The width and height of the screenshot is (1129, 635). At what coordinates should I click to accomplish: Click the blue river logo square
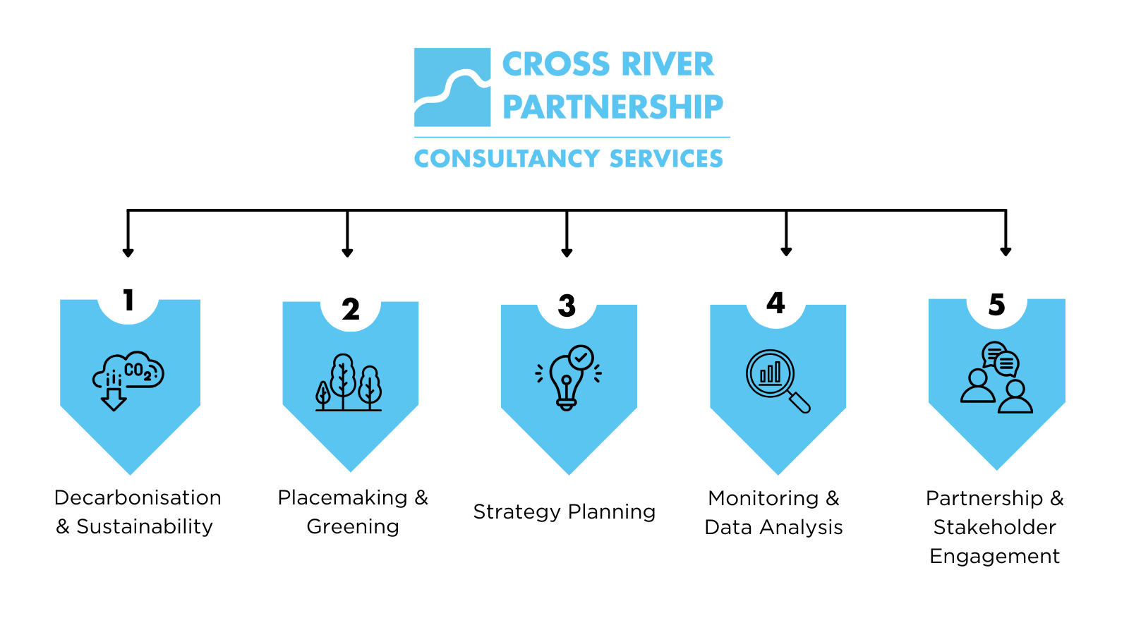click(452, 87)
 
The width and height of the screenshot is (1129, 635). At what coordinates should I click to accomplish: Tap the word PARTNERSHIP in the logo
click(612, 107)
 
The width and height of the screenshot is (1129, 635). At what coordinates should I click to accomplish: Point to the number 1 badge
click(128, 301)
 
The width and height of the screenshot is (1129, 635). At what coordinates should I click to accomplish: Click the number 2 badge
click(351, 309)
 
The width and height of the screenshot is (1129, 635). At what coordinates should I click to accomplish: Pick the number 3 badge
click(567, 306)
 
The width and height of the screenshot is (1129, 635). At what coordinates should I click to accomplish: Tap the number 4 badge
click(775, 303)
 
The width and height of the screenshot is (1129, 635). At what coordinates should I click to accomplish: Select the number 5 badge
click(996, 305)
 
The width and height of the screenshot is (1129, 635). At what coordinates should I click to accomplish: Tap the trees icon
click(349, 382)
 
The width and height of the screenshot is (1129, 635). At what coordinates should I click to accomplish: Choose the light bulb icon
click(568, 377)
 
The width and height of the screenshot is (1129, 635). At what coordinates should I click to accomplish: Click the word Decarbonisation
click(138, 497)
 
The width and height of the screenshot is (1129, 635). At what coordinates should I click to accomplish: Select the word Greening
click(353, 526)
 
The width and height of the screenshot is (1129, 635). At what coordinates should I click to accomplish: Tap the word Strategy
click(517, 512)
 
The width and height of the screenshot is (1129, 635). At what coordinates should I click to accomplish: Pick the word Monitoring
click(763, 498)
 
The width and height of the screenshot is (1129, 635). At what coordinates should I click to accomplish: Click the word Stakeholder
click(994, 527)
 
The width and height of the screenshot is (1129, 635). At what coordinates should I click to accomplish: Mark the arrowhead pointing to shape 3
click(567, 252)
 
